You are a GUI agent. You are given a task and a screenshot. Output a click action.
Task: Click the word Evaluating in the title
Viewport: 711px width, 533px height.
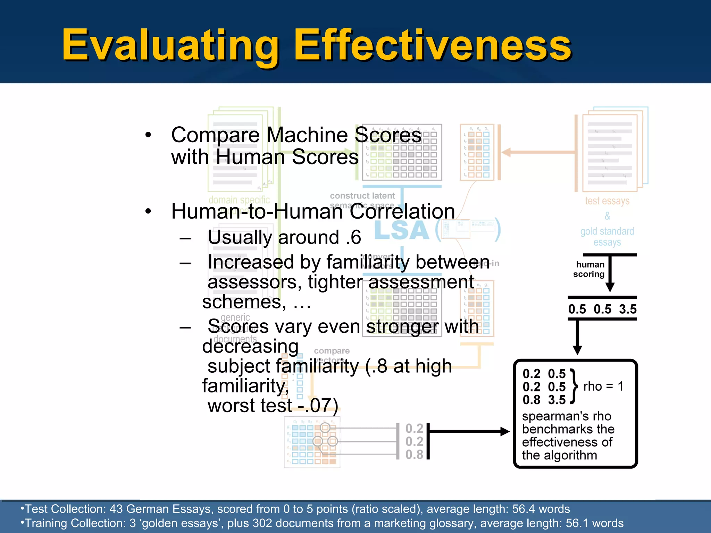pyautogui.click(x=170, y=45)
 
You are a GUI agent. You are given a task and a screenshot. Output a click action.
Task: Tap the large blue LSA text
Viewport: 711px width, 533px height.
pyautogui.click(x=402, y=230)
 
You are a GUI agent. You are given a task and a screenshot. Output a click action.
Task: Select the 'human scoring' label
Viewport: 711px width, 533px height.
pyautogui.click(x=589, y=269)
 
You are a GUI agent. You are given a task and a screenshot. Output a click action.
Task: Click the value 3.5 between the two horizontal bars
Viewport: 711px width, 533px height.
pyautogui.click(x=628, y=309)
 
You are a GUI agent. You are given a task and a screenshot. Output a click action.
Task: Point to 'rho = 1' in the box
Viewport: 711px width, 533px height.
pyautogui.click(x=603, y=386)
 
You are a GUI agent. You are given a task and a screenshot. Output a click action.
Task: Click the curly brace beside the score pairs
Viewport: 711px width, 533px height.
pyautogui.click(x=574, y=386)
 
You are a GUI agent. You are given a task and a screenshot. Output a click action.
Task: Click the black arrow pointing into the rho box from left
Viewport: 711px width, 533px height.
pyautogui.click(x=469, y=432)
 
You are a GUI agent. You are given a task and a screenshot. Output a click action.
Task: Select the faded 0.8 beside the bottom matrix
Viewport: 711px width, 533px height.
pyautogui.click(x=414, y=454)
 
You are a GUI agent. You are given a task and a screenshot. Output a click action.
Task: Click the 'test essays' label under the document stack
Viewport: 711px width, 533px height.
pyautogui.click(x=607, y=201)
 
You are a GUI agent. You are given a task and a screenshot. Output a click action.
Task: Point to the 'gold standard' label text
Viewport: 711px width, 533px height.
pyautogui.click(x=607, y=231)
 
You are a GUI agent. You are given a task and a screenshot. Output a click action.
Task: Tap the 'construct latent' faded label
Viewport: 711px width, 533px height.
pyautogui.click(x=362, y=196)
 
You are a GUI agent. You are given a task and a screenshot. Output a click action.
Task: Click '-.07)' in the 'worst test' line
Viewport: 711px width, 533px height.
pyautogui.click(x=318, y=405)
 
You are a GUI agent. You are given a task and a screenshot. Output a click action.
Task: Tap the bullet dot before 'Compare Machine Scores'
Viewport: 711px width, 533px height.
pyautogui.click(x=148, y=135)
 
